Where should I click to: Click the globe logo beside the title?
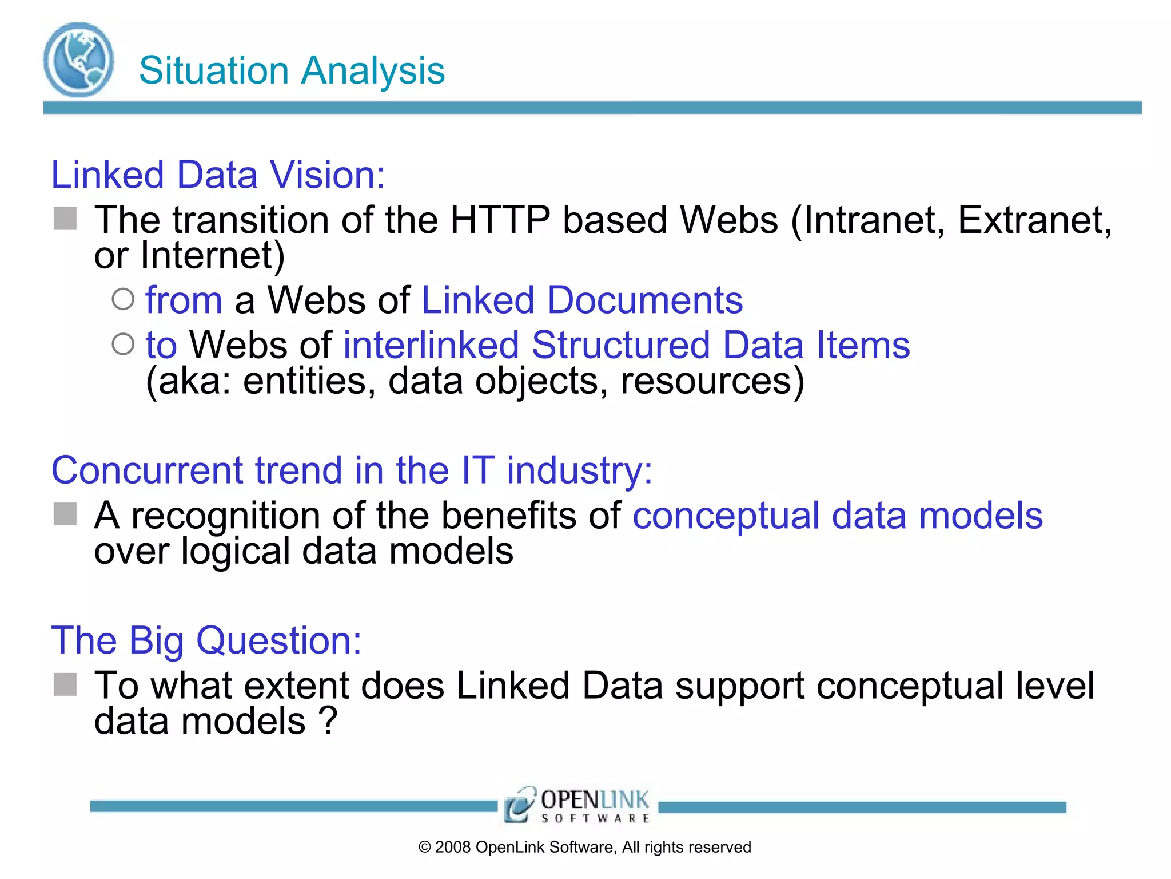78,60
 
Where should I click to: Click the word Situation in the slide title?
213,71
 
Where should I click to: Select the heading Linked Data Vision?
218,175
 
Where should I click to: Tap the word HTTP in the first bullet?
500,220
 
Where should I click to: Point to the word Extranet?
1034,220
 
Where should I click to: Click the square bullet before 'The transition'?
65,219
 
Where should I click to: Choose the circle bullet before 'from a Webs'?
123,299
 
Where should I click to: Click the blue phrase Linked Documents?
581,300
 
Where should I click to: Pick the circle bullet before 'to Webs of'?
123,345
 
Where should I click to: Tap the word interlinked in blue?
431,345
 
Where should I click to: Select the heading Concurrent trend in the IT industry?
352,470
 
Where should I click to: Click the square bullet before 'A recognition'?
65,514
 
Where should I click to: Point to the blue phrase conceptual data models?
837,516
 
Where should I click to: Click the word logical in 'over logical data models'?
236,551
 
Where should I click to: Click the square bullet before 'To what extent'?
65,684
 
